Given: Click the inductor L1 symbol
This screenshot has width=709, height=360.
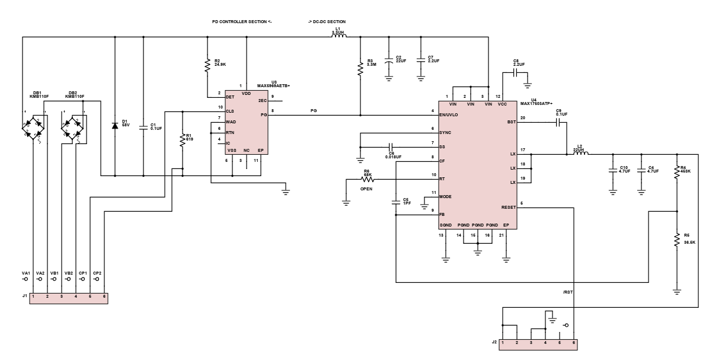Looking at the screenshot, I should (x=338, y=37).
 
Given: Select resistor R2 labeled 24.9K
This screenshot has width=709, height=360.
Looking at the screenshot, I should (x=207, y=66).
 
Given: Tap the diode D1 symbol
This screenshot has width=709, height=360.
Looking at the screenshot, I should (x=115, y=126).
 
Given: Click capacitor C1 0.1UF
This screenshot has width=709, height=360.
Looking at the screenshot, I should (x=143, y=126).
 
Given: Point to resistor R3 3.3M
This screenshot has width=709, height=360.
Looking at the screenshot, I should (x=360, y=69).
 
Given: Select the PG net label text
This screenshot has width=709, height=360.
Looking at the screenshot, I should (x=314, y=110).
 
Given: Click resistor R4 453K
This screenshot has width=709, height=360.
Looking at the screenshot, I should (x=677, y=171).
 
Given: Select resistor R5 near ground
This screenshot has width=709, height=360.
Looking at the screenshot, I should (x=677, y=240).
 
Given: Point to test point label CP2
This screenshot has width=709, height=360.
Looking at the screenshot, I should (x=97, y=273).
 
